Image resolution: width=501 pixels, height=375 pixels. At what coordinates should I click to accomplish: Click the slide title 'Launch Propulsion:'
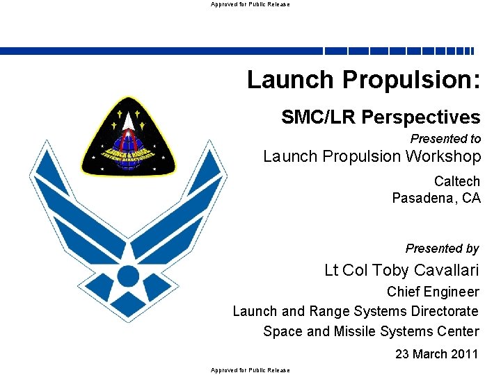363,80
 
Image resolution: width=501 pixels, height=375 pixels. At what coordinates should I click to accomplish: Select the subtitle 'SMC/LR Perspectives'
381,117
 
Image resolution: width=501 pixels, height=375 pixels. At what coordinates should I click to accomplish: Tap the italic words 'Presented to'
445,139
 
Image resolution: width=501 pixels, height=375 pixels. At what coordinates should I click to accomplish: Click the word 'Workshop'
446,157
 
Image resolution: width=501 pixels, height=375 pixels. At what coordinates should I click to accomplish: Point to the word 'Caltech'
456,181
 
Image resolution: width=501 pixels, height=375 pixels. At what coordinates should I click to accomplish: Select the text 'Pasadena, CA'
436,199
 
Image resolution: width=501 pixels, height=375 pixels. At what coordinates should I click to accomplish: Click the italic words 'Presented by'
442,249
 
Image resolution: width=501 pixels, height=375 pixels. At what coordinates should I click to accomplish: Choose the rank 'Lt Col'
347,270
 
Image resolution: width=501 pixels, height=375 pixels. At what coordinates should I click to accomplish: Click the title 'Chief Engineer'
433,292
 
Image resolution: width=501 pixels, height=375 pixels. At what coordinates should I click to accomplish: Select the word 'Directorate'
445,311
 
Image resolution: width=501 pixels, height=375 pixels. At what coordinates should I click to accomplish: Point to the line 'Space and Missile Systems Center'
371,331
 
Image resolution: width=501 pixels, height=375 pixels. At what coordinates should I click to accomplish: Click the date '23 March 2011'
437,354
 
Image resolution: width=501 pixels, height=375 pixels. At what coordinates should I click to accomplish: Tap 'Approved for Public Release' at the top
250,4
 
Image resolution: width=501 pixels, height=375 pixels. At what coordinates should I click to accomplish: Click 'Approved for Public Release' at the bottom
250,370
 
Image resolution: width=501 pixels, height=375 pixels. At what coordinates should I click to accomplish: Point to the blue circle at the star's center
128,276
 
